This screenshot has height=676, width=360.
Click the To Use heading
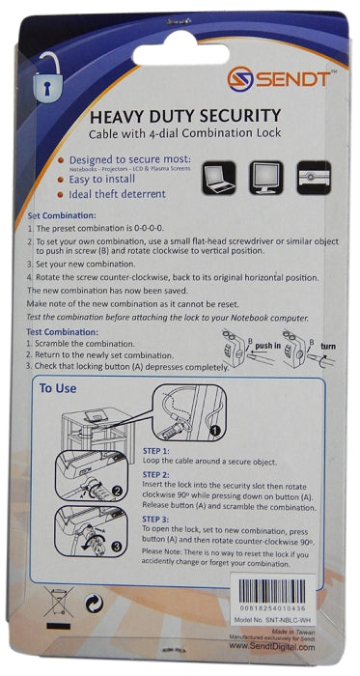pyautogui.click(x=58, y=390)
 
